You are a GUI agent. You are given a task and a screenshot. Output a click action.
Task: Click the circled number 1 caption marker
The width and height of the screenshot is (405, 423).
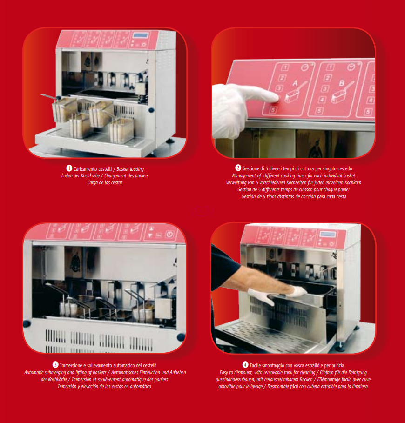69,168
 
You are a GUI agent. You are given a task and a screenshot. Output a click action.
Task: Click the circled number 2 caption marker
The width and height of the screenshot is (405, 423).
238,168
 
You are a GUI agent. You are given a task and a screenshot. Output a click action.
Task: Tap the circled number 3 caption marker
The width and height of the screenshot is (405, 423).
55,365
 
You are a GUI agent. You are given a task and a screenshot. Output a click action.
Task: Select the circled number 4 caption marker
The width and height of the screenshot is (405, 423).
245,365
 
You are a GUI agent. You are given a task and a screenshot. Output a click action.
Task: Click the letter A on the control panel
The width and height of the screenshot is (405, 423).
296,83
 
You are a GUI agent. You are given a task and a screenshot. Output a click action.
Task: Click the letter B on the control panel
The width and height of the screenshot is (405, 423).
342,83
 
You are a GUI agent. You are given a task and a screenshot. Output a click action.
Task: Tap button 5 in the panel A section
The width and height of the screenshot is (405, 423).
273,110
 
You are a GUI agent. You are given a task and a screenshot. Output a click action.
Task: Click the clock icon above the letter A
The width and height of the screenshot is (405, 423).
305,67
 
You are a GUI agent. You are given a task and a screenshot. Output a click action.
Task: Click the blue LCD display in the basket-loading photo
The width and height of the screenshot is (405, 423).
140,35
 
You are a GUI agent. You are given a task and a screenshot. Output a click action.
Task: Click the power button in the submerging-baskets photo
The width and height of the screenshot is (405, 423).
169,234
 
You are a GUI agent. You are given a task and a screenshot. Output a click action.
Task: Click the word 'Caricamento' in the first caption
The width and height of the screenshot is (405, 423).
85,169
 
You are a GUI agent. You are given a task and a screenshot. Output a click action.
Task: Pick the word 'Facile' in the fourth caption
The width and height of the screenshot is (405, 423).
255,366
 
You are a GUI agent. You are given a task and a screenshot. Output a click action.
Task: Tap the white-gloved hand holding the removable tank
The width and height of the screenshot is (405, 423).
297,291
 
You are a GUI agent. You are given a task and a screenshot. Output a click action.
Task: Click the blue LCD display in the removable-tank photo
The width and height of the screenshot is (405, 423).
328,234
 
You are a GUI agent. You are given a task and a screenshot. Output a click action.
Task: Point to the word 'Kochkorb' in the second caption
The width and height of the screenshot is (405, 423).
353,182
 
